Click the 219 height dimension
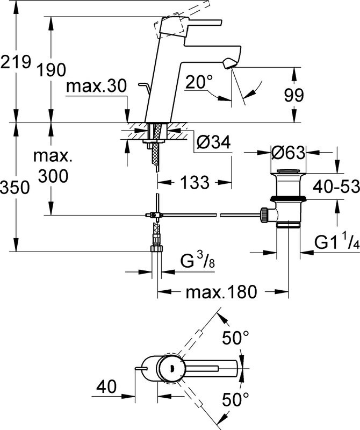coord(15,63)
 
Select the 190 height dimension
coord(52,70)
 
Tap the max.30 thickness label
coord(97,86)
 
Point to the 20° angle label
coord(200,82)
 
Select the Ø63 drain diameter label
coord(288,153)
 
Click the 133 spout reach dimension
coord(193,183)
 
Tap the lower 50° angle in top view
coord(236,399)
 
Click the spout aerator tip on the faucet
coord(229,64)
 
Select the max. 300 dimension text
coord(52,166)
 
